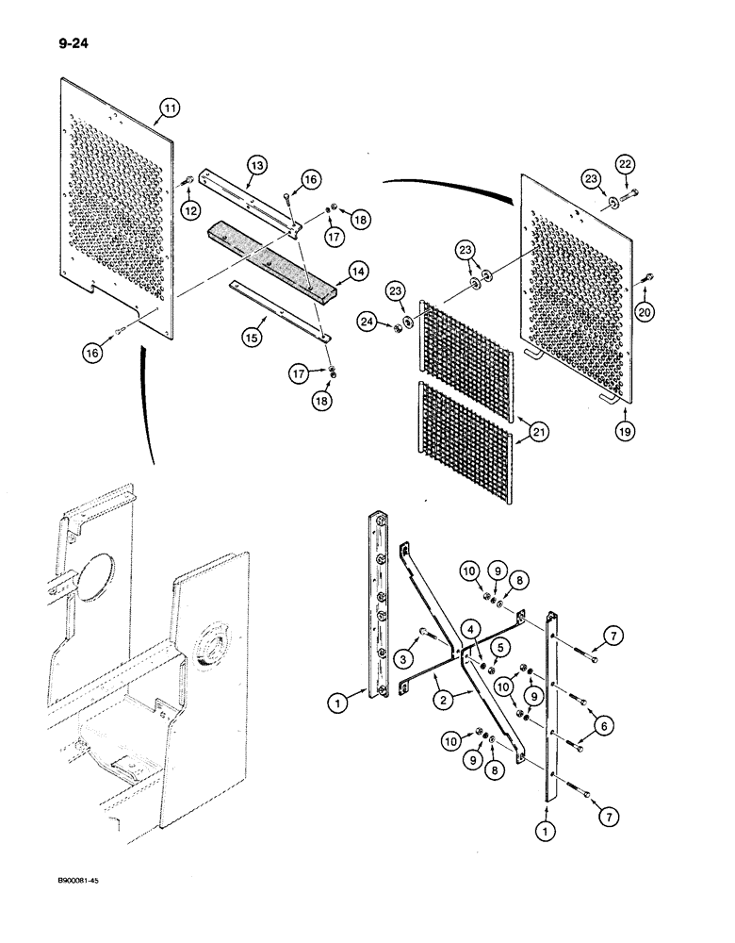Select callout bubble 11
(169, 110)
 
